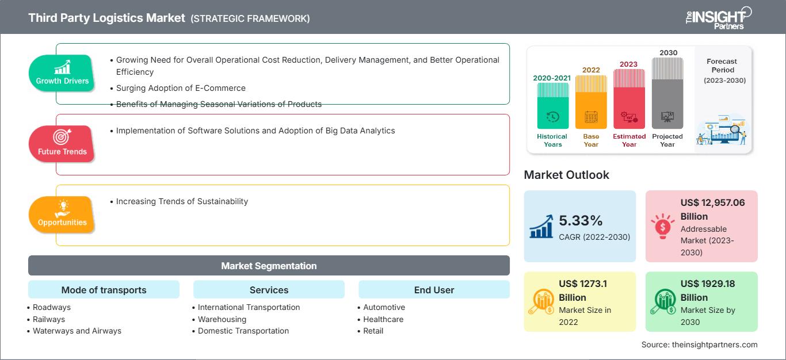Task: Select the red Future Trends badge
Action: point(62,144)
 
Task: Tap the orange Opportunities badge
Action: point(62,215)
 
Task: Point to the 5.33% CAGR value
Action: point(580,220)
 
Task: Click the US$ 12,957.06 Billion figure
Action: point(712,209)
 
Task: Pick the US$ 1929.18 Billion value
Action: point(707,290)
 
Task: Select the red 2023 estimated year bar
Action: point(629,98)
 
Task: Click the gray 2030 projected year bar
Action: point(667,93)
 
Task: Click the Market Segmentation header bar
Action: point(269,266)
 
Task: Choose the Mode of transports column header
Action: point(104,290)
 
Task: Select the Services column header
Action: point(269,290)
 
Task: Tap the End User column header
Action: point(434,290)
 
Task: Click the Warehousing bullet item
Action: point(222,319)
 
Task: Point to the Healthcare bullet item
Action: point(383,319)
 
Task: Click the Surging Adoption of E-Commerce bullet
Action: point(181,88)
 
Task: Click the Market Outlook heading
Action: point(566,175)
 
